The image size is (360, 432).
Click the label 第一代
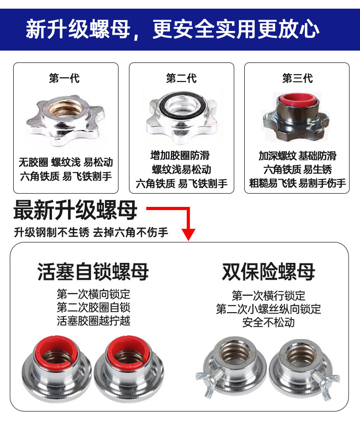(64, 79)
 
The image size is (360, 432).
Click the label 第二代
(181, 79)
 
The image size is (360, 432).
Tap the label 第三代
(297, 79)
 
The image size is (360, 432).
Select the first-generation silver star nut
(65, 119)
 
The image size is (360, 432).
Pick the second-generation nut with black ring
(181, 116)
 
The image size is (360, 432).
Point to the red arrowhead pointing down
(189, 234)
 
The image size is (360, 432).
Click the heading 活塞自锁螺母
(93, 272)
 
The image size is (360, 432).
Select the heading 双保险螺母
(268, 272)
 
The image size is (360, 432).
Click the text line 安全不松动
(268, 322)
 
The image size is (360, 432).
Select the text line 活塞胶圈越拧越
(93, 320)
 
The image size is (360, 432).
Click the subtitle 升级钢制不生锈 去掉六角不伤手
(91, 233)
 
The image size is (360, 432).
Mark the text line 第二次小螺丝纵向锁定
(268, 309)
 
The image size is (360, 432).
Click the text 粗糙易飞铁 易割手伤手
(297, 184)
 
